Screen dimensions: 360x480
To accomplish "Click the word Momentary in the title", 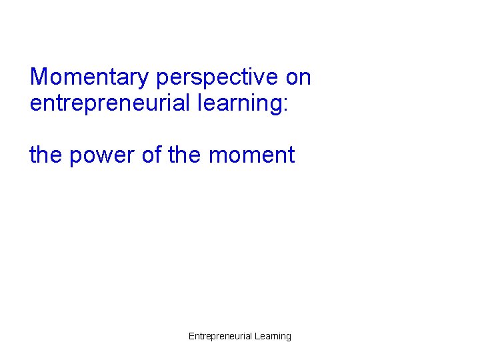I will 90,77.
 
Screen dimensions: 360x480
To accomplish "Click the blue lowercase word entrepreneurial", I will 105,103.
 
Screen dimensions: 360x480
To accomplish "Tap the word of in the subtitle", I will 153,155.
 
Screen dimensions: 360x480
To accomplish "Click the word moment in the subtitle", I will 251,155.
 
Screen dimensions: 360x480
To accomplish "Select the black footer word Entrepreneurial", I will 220,336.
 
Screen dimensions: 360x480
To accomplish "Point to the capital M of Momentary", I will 39,77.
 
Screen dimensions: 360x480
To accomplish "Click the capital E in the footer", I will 191,336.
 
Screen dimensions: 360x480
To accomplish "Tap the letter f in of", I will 159,155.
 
